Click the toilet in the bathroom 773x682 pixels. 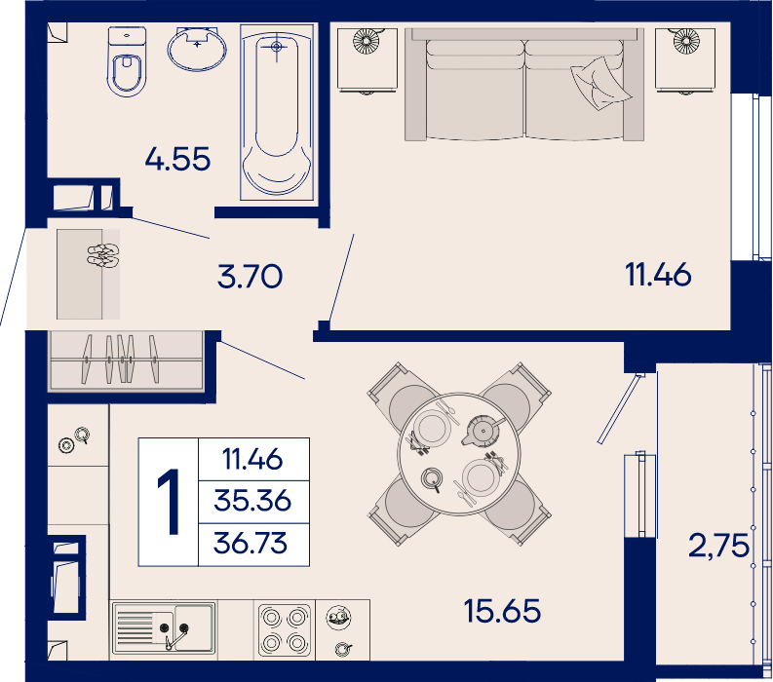[127, 61]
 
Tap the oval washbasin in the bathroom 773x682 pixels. [197, 50]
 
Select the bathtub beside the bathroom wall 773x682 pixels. [277, 112]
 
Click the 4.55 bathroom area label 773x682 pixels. [178, 159]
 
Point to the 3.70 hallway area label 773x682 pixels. [250, 276]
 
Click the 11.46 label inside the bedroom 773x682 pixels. [658, 275]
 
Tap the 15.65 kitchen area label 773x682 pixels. [502, 611]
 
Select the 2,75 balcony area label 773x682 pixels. [718, 546]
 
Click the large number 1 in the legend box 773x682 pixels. [169, 502]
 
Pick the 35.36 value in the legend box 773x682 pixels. [252, 501]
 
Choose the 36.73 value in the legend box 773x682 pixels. [251, 543]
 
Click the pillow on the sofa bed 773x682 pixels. [600, 83]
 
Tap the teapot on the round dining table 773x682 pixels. [483, 431]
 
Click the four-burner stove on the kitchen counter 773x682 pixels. [285, 629]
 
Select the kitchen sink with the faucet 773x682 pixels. [164, 628]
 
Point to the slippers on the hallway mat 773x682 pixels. [103, 255]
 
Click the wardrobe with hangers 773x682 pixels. [126, 360]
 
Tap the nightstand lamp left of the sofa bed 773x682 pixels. [367, 41]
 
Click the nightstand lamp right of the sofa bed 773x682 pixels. [686, 41]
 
